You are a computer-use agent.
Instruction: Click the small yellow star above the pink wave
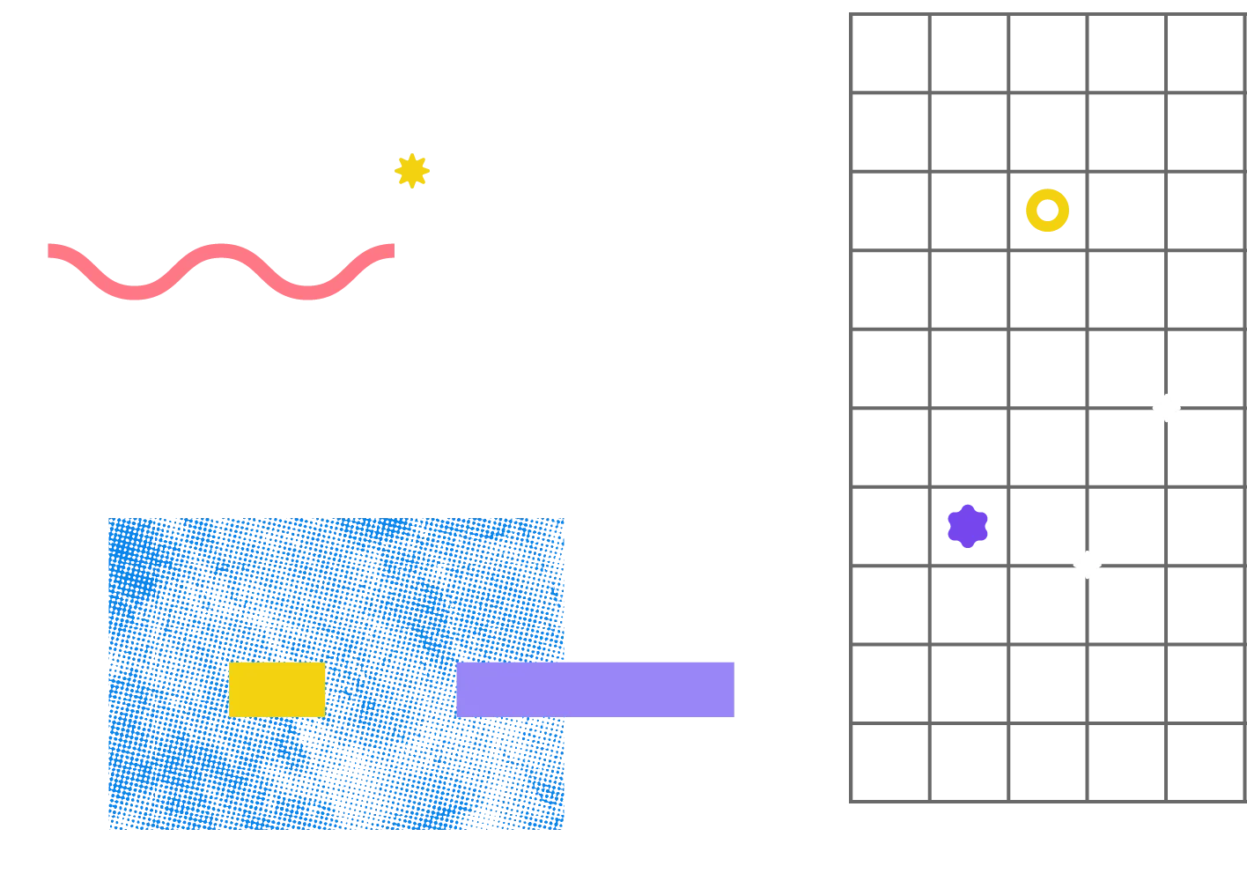click(411, 171)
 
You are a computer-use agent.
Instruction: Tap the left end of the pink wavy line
click(48, 250)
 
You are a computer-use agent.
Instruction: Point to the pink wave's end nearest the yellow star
click(391, 250)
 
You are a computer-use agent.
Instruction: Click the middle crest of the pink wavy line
click(220, 250)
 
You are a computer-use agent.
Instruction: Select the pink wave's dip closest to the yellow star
click(307, 293)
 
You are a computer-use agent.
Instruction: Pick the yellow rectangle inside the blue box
click(277, 689)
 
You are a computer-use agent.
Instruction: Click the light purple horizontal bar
click(596, 689)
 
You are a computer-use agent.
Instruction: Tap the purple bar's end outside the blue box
click(734, 689)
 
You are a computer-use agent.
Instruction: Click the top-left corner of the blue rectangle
click(107, 517)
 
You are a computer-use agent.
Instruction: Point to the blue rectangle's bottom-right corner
click(563, 829)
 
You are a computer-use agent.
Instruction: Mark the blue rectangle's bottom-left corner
click(107, 829)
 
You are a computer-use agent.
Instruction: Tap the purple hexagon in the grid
click(968, 526)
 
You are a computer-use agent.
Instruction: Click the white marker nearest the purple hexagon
click(1088, 565)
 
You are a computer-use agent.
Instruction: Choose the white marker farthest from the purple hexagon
click(1166, 408)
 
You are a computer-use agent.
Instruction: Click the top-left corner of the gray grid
click(851, 12)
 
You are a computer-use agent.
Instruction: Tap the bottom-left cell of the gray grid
click(890, 760)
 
